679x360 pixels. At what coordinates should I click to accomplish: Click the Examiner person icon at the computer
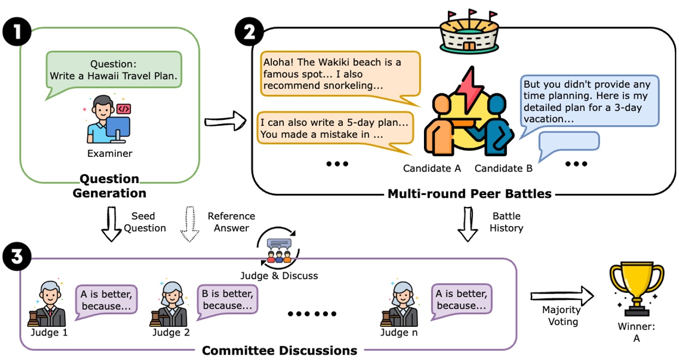click(107, 119)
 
